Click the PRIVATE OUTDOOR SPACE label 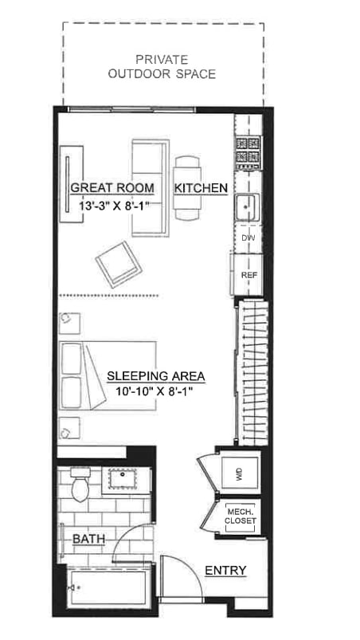click(162, 66)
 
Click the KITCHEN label click(202, 188)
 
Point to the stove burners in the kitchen click(247, 152)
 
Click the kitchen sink click(247, 206)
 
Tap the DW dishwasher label click(248, 238)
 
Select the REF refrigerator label click(248, 274)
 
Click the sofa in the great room click(149, 188)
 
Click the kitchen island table click(189, 188)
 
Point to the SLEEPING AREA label click(156, 375)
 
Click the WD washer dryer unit click(238, 475)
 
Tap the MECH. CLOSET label click(241, 516)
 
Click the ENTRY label click(225, 570)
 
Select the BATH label click(88, 540)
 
